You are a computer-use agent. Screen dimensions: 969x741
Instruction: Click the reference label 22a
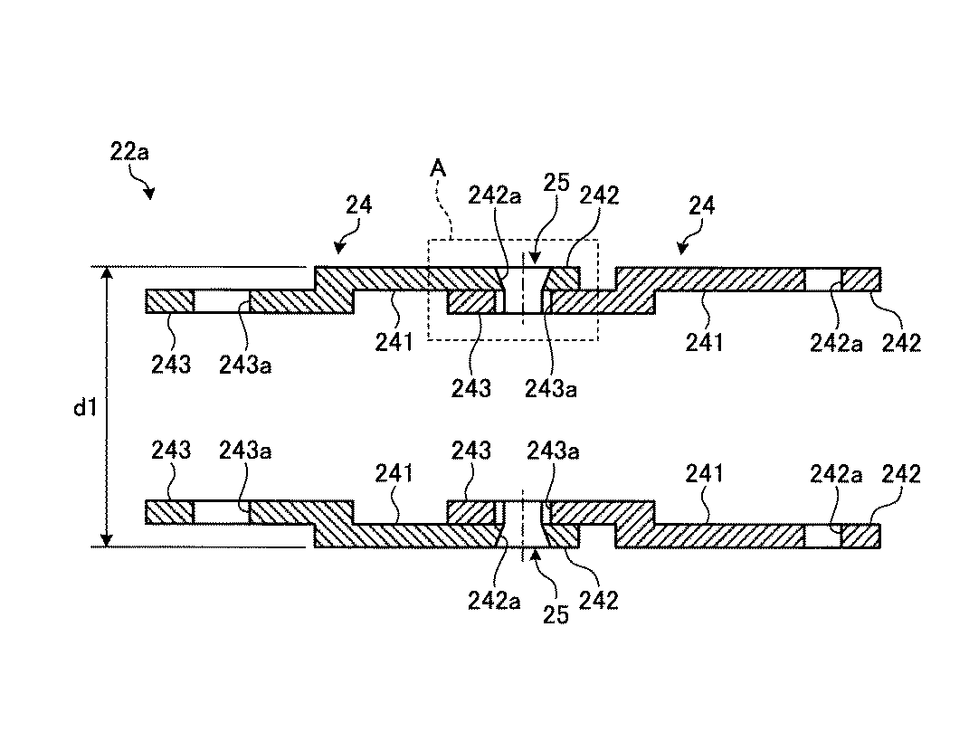click(x=129, y=151)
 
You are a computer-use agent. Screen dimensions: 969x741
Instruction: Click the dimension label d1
click(x=85, y=408)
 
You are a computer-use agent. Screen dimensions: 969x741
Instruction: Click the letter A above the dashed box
click(x=438, y=168)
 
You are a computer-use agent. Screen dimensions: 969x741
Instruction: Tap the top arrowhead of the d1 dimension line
click(x=107, y=274)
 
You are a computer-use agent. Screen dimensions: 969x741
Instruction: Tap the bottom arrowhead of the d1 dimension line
click(x=107, y=539)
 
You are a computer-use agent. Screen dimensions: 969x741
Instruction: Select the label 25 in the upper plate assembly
click(x=556, y=183)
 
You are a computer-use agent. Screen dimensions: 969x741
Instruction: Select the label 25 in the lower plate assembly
click(x=556, y=615)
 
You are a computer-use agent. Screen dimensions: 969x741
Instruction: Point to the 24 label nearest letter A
click(x=359, y=204)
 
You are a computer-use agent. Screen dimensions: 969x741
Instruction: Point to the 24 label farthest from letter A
click(x=702, y=205)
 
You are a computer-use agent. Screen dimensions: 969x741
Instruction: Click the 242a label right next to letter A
click(x=495, y=196)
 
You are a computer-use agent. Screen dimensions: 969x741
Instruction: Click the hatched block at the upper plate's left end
click(x=170, y=301)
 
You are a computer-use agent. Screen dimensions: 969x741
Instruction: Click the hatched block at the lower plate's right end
click(x=860, y=536)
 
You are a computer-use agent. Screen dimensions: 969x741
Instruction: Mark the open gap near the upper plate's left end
click(x=222, y=301)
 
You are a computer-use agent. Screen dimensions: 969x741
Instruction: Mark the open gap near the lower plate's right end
click(x=823, y=536)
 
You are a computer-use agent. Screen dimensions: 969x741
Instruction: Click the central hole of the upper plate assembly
click(x=523, y=290)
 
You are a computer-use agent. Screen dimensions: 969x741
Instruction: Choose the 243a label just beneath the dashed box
click(x=551, y=389)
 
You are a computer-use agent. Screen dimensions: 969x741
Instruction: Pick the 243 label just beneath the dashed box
click(x=470, y=389)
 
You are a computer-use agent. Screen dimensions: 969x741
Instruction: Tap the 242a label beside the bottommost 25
click(x=494, y=600)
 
